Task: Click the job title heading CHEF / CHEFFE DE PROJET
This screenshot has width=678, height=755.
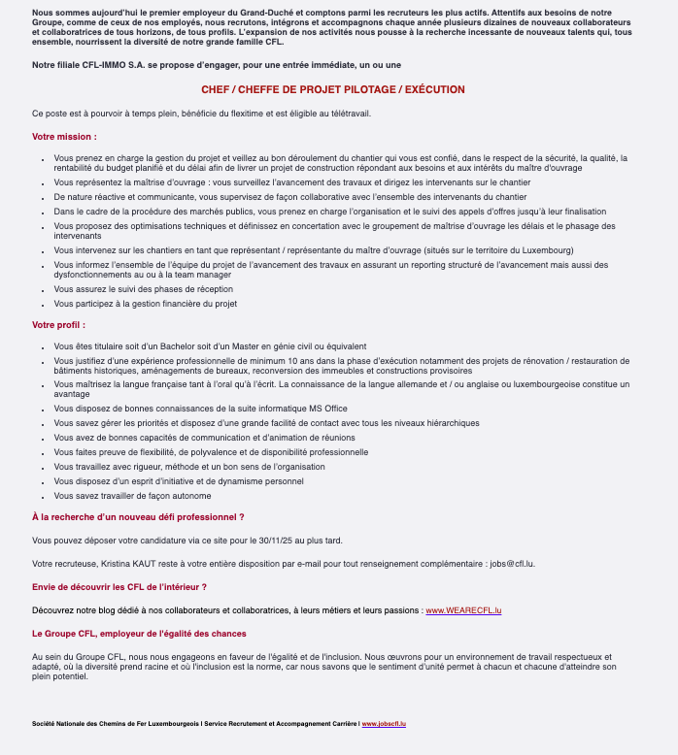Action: [x=333, y=89]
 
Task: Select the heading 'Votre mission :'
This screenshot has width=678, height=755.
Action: [x=64, y=137]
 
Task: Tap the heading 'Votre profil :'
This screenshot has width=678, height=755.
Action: [x=59, y=324]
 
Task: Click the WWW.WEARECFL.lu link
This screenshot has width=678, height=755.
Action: [x=463, y=610]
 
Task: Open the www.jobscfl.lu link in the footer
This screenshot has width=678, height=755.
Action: [x=384, y=724]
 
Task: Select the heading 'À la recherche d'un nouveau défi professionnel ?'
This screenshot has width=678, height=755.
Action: [x=138, y=517]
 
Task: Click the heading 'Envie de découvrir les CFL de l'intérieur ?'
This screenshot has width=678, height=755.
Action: [x=119, y=587]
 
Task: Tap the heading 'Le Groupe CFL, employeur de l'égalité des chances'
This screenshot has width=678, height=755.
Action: [x=139, y=634]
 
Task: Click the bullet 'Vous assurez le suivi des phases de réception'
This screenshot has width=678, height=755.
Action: [x=144, y=289]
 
